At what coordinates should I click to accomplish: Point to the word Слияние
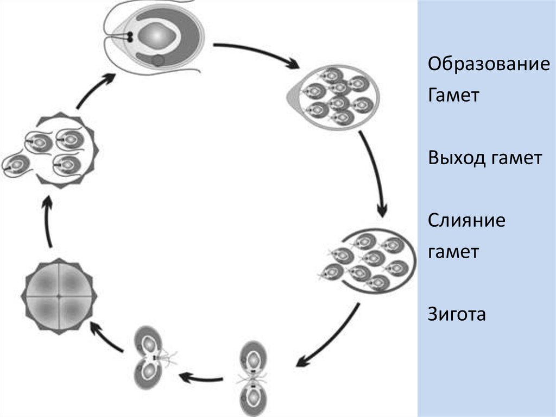pyautogui.click(x=466, y=221)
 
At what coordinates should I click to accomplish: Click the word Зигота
pyautogui.click(x=456, y=314)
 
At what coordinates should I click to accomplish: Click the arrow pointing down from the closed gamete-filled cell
pyautogui.click(x=375, y=174)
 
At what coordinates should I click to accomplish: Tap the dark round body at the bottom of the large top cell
pyautogui.click(x=158, y=60)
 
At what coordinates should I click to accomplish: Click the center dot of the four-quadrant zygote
pyautogui.click(x=59, y=296)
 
